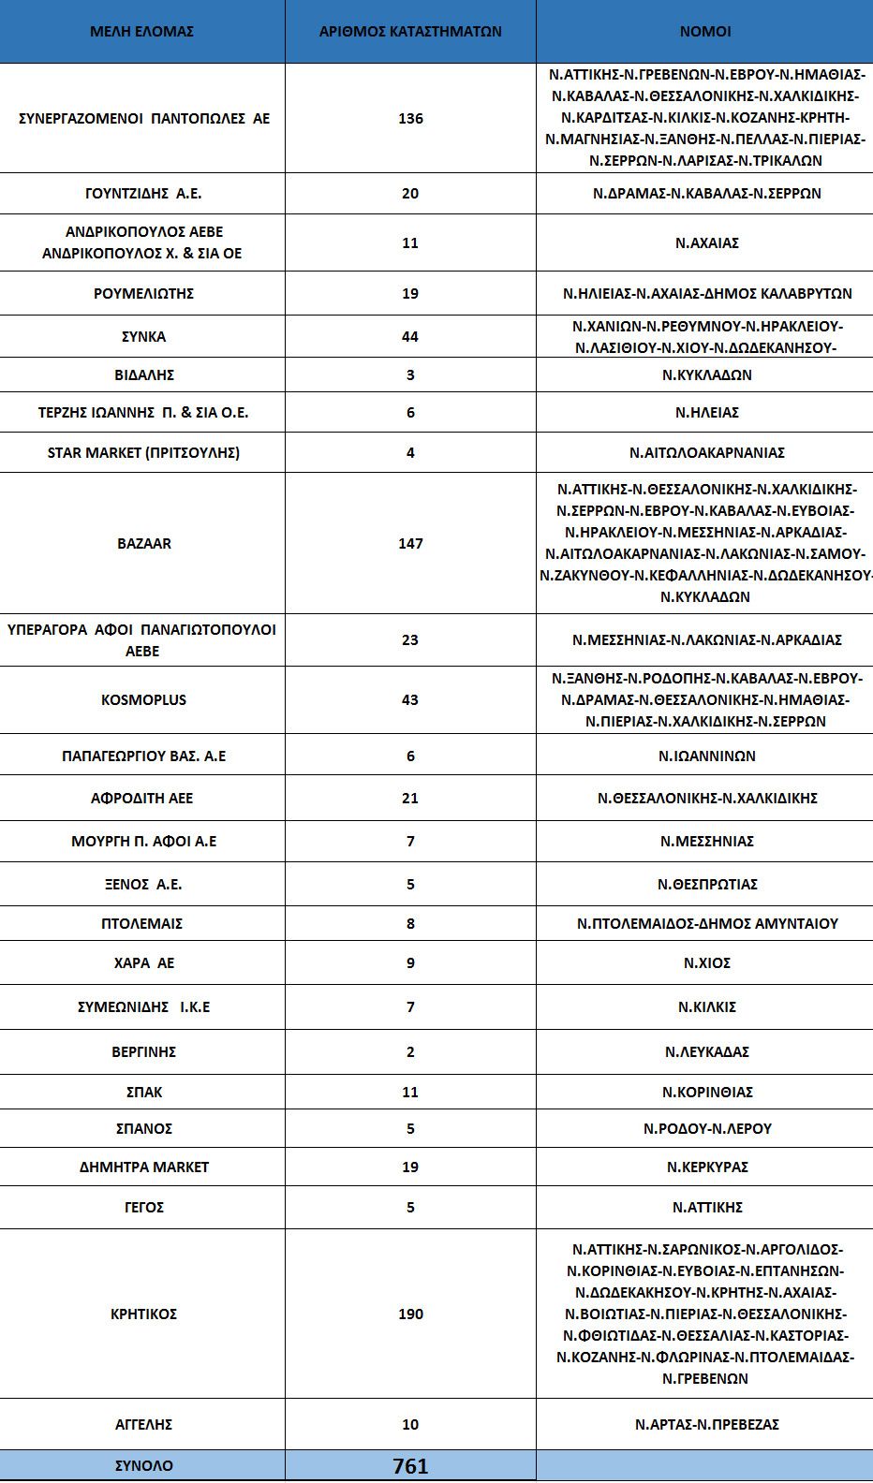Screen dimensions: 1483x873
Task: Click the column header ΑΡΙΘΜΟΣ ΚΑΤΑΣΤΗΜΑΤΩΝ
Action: pyautogui.click(x=410, y=31)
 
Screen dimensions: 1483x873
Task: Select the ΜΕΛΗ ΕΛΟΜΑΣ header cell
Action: pyautogui.click(x=142, y=31)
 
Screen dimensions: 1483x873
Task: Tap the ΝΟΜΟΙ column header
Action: pyautogui.click(x=704, y=31)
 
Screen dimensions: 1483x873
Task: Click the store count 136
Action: pyautogui.click(x=410, y=118)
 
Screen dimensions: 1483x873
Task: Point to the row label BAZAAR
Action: pyautogui.click(x=144, y=543)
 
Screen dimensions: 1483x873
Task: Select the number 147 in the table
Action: pyautogui.click(x=410, y=543)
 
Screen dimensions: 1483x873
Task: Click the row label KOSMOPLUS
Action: pyautogui.click(x=143, y=699)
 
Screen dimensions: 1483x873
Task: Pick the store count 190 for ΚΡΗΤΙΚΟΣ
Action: pyautogui.click(x=410, y=1314)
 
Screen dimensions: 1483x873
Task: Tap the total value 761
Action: pyautogui.click(x=410, y=1466)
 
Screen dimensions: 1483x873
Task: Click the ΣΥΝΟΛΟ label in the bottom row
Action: pyautogui.click(x=143, y=1465)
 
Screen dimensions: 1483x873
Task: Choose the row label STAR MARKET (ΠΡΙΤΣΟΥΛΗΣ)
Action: pyautogui.click(x=143, y=452)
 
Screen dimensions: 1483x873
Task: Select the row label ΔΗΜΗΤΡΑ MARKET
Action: pyautogui.click(x=144, y=1167)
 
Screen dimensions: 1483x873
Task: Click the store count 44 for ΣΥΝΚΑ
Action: pyautogui.click(x=410, y=336)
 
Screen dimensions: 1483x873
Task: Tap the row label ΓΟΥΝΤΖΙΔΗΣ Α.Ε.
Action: pyautogui.click(x=143, y=193)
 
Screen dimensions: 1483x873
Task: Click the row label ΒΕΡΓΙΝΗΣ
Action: pyautogui.click(x=143, y=1051)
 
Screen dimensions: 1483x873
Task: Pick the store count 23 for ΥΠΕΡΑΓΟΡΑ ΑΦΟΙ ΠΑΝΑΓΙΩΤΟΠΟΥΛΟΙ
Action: pyautogui.click(x=410, y=639)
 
